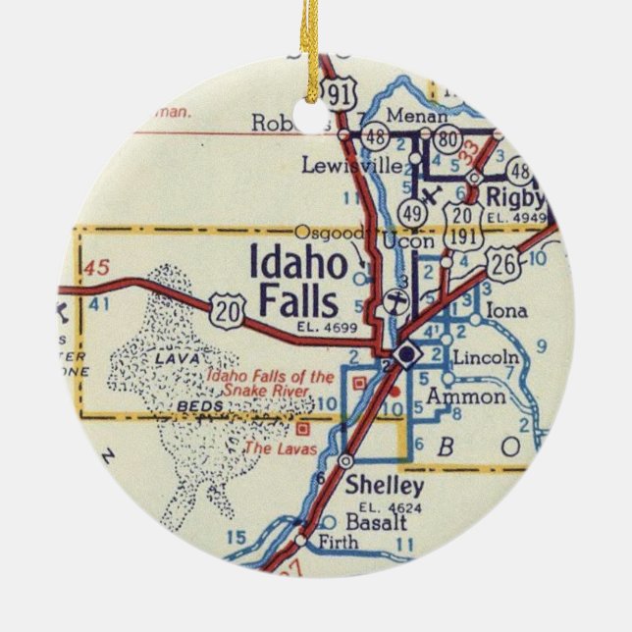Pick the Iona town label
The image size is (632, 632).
tap(506, 311)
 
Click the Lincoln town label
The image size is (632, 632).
tap(488, 357)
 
